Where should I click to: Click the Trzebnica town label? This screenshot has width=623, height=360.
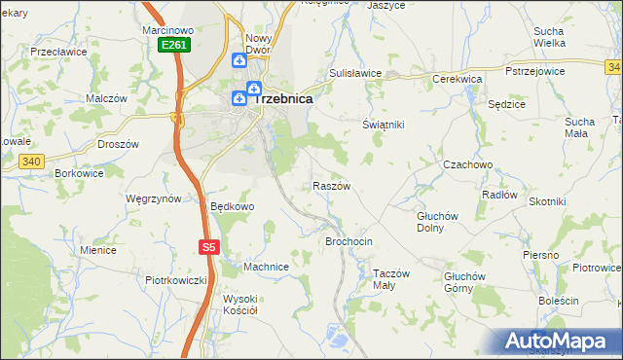[282, 98]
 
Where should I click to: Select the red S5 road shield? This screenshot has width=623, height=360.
[209, 247]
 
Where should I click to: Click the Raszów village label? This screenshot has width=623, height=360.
[331, 185]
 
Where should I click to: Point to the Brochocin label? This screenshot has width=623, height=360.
[348, 240]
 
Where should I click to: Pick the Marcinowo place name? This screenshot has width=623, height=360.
[167, 30]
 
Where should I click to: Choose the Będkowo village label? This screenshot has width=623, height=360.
[232, 206]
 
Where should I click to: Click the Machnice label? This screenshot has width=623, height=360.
[266, 267]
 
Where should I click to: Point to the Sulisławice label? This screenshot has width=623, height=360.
[354, 73]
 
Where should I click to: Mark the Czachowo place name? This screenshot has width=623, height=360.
[467, 165]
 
